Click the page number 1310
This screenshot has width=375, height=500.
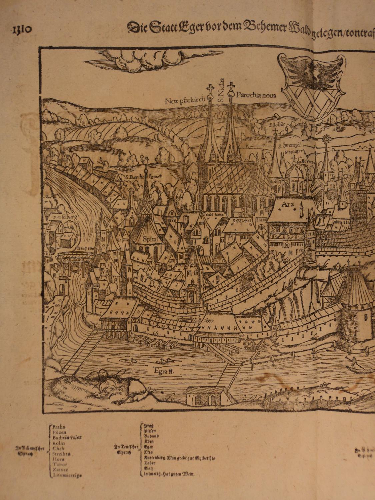(x=22, y=29)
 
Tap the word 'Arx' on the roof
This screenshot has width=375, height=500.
(x=287, y=204)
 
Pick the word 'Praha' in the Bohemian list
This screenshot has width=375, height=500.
(x=59, y=426)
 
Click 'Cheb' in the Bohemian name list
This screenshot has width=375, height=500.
(x=58, y=448)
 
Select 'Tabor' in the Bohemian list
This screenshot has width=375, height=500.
(x=60, y=464)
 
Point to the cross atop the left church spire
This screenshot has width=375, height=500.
(x=210, y=88)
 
